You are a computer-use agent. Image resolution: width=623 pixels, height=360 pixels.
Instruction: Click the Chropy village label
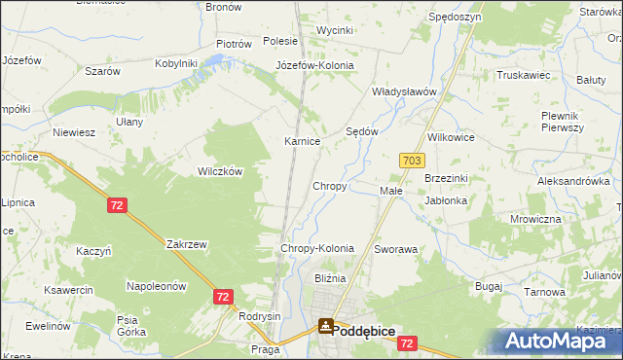329,186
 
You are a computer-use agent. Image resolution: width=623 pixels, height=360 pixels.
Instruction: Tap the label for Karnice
302,142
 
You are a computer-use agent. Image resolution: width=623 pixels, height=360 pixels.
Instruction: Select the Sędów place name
362,131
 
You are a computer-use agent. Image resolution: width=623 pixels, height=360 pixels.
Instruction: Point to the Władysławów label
403,91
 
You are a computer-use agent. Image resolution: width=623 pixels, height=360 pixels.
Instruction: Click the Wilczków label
220,170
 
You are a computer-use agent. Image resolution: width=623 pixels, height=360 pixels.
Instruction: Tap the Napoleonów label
156,286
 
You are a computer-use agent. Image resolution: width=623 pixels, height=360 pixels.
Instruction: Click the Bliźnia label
329,278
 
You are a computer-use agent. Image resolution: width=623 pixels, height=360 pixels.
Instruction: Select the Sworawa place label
395,249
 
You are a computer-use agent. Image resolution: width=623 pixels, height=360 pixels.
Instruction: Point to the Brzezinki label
447,179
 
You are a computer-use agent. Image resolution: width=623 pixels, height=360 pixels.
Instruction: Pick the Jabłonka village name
446,200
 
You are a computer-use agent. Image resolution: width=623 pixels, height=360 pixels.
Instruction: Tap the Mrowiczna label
535,219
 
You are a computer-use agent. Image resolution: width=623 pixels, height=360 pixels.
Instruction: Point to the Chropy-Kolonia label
316,249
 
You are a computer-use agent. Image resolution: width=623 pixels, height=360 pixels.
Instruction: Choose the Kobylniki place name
176,63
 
